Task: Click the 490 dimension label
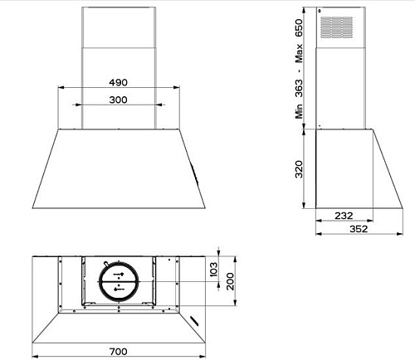click(118, 82)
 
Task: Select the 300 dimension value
click(118, 100)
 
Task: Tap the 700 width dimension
click(119, 352)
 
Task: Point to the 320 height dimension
click(299, 169)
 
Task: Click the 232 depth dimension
click(344, 216)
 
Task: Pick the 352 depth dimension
click(359, 229)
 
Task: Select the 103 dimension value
click(213, 270)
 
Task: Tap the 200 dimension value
click(230, 281)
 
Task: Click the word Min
click(299, 111)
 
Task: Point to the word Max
click(299, 53)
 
